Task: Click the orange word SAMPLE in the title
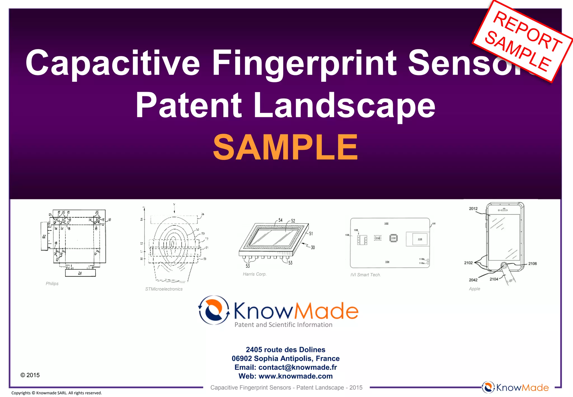285,147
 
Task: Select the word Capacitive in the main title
112,63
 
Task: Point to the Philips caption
52,284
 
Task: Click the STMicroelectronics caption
164,289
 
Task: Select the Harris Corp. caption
255,274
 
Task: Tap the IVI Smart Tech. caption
365,275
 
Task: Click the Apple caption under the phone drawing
475,289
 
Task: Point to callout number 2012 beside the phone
473,209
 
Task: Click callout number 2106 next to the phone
532,263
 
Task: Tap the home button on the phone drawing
504,265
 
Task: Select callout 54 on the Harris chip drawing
280,220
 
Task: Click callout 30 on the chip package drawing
313,247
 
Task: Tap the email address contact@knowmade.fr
298,367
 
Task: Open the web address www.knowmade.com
296,376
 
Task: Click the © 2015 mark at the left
30,375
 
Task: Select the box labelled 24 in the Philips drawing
80,273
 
